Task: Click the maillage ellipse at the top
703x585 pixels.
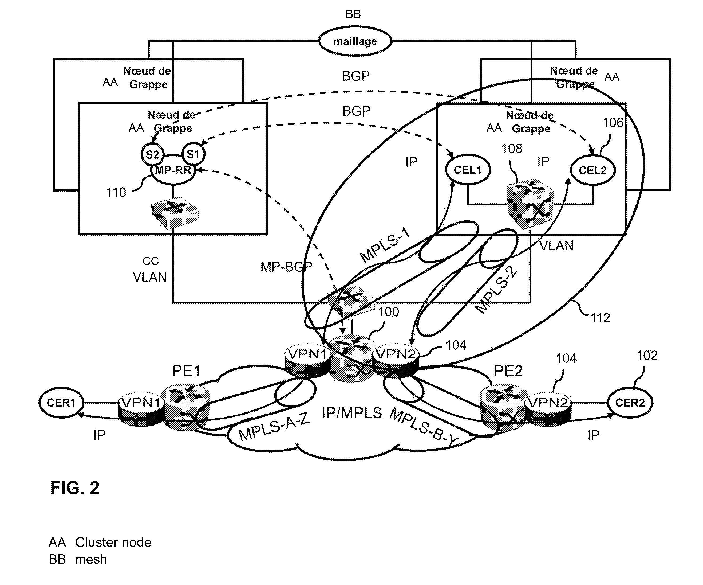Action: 355,41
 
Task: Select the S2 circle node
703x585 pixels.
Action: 152,154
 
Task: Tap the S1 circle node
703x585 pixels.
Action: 193,154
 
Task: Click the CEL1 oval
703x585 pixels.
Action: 468,170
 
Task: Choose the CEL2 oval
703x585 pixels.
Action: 593,170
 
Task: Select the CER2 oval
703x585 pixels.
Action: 630,402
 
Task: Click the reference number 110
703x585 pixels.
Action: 116,192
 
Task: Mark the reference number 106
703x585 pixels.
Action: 613,123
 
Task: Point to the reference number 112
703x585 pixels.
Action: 600,318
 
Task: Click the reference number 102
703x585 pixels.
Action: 647,355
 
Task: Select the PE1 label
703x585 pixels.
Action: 186,370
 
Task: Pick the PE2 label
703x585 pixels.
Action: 508,370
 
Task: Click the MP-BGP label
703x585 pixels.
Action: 286,267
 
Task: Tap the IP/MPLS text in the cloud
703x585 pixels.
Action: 352,413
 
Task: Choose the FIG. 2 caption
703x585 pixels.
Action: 75,487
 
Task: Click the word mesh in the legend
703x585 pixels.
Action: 91,560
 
